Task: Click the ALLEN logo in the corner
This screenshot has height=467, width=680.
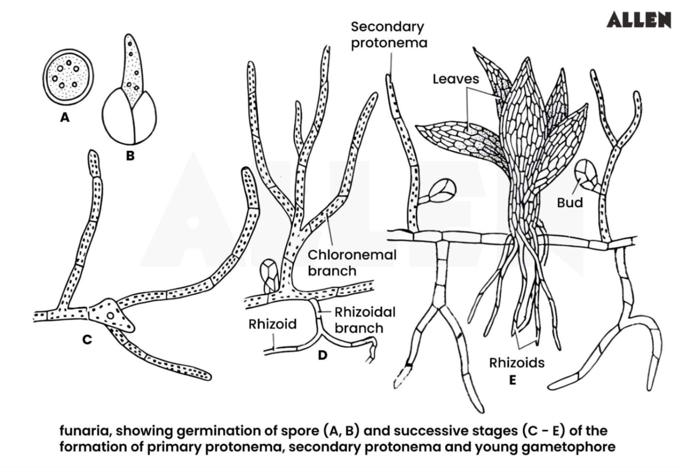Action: click(638, 20)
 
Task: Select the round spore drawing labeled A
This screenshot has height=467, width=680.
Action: click(68, 77)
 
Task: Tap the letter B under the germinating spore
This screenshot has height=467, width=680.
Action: click(130, 156)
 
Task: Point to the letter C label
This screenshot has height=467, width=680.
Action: click(87, 339)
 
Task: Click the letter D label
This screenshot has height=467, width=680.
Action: click(322, 355)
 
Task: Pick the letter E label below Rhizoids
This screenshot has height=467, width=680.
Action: click(512, 380)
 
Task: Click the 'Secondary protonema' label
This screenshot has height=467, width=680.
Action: click(389, 35)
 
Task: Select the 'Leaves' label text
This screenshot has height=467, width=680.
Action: click(456, 79)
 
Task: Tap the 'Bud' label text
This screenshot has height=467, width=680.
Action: click(570, 203)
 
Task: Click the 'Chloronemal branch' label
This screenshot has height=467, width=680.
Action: click(352, 263)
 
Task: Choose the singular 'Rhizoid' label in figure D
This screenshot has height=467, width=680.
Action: click(273, 324)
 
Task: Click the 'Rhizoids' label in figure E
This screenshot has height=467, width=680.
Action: click(517, 362)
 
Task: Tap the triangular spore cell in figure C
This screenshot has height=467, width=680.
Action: click(111, 315)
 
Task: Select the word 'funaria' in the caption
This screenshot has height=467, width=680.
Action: click(84, 431)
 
